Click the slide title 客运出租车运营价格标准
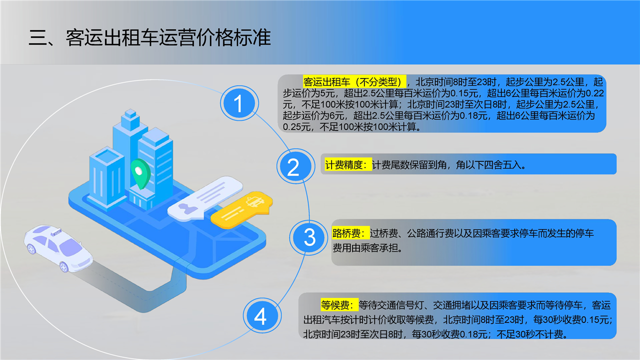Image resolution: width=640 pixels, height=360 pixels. (168, 37)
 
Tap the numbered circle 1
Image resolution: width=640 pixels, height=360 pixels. (239, 103)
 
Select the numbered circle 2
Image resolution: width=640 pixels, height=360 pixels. (295, 166)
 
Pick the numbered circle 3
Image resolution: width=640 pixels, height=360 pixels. (309, 237)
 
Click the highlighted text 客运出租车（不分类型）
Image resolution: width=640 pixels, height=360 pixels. (354, 82)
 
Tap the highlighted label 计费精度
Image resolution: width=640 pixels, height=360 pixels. (348, 165)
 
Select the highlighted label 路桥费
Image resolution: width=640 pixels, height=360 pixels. (351, 233)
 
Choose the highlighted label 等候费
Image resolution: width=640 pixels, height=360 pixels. (339, 305)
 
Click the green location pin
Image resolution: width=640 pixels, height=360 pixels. (140, 173)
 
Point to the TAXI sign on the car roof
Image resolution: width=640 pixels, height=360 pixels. (56, 232)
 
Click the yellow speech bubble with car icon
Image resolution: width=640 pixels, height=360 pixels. (241, 209)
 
